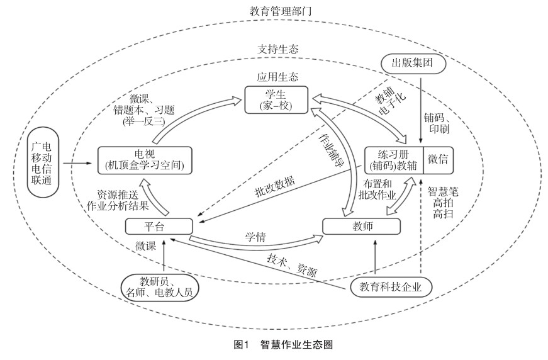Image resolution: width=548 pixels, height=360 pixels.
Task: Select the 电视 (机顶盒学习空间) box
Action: (x=144, y=160)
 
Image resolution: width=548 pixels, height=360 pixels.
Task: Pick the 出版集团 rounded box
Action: (x=414, y=63)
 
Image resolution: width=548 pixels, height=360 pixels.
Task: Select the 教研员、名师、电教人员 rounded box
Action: (x=160, y=286)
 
